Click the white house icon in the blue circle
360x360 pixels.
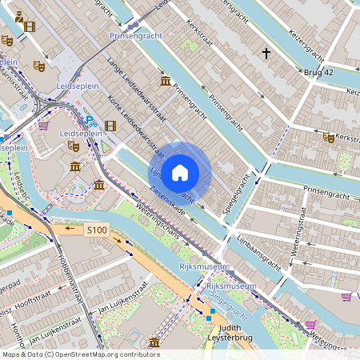[x=180, y=172]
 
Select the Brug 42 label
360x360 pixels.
[x=318, y=73]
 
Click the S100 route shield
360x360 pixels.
[x=97, y=230]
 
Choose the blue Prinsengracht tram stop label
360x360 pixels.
[x=136, y=36]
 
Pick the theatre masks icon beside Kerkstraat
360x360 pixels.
[x=328, y=138]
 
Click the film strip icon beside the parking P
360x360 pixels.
[x=110, y=125]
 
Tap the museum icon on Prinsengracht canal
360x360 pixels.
[x=165, y=81]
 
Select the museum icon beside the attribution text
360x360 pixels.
[x=153, y=343]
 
